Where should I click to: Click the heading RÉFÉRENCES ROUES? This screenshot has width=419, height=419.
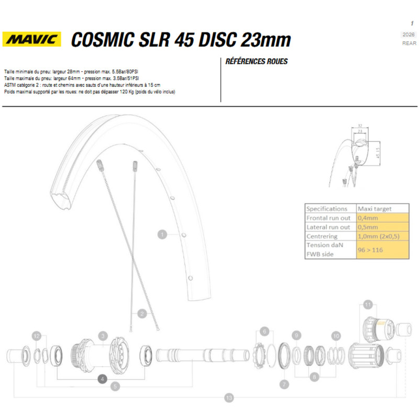point(256,61)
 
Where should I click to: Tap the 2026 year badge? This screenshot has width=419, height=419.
point(409,35)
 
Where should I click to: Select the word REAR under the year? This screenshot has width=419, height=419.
point(409,43)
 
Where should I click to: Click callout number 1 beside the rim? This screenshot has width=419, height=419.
point(162,234)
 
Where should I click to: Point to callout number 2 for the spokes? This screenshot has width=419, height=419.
point(141,314)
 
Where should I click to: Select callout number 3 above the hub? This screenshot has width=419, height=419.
point(103,335)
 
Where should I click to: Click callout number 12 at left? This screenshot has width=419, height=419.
point(36,335)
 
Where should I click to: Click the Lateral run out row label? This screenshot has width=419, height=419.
point(328,227)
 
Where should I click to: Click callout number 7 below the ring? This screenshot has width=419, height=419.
point(284,384)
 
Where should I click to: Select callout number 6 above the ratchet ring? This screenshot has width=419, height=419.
point(264,331)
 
